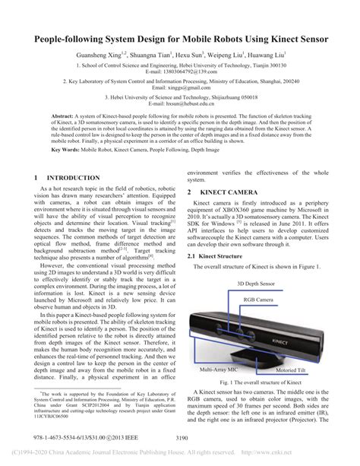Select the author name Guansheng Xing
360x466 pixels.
(x=99, y=55)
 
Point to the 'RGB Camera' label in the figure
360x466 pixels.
(x=254, y=300)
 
